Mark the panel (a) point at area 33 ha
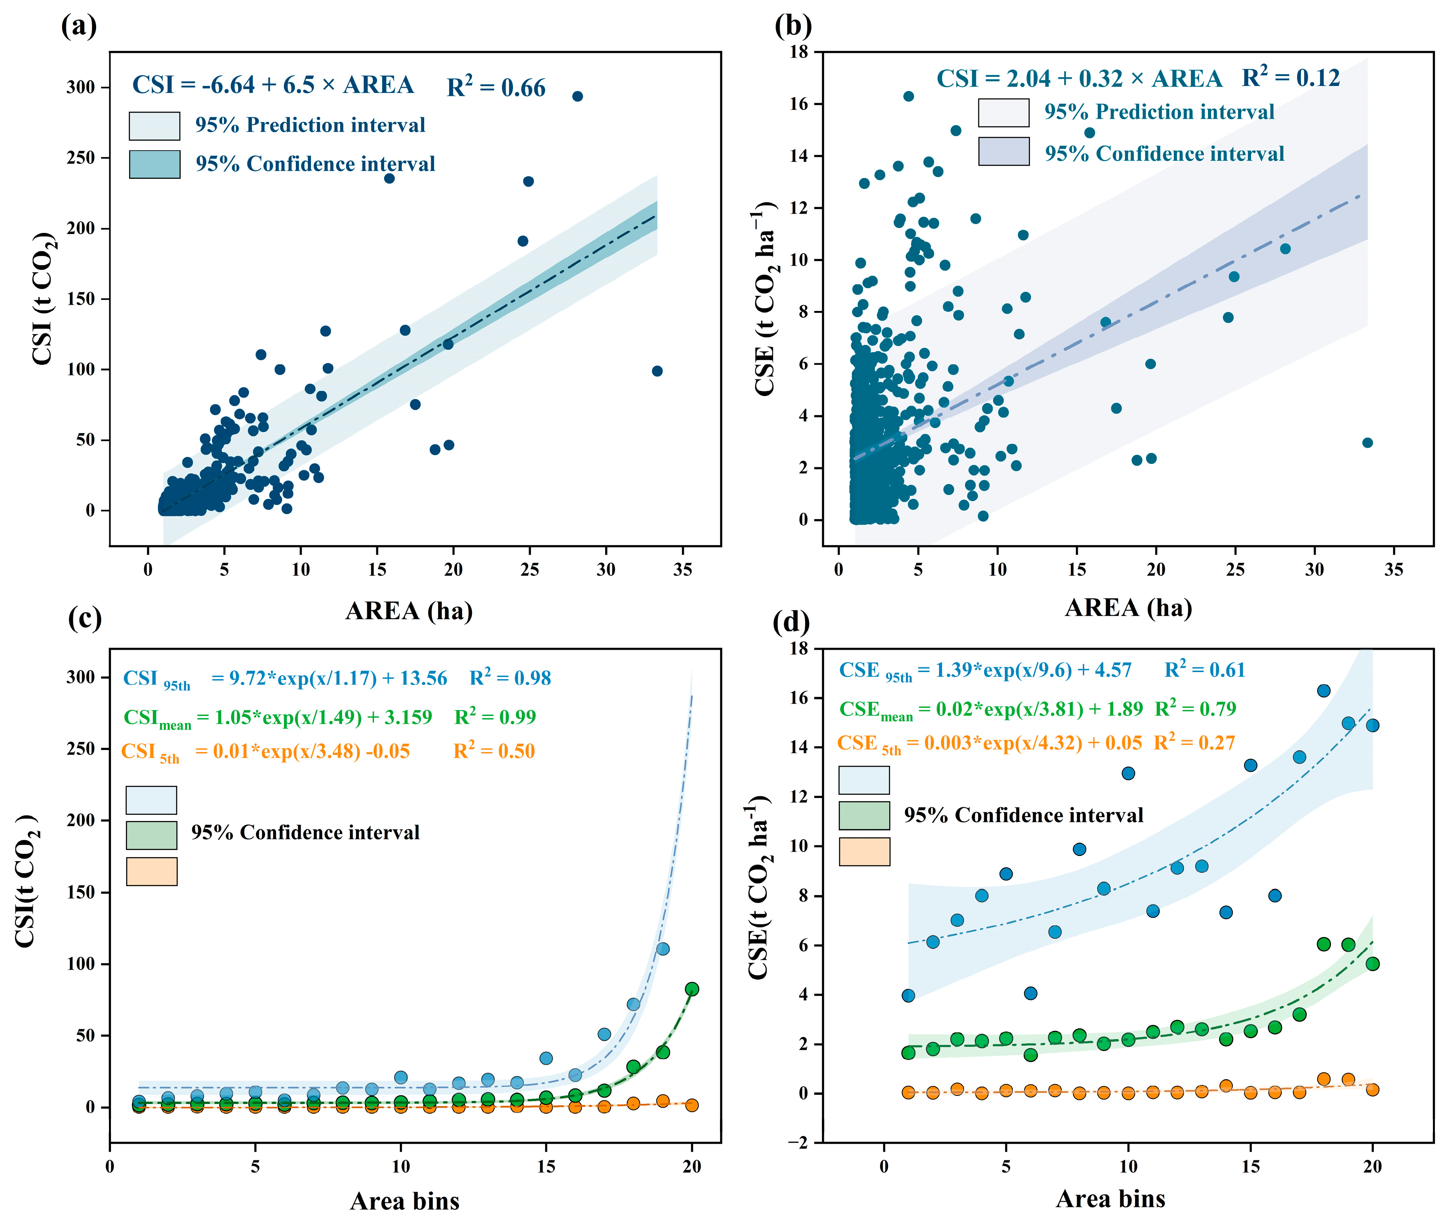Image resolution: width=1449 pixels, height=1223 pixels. [x=657, y=371]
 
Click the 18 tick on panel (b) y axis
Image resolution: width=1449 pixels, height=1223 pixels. [x=799, y=52]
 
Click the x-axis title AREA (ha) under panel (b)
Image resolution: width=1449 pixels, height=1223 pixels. [x=1128, y=608]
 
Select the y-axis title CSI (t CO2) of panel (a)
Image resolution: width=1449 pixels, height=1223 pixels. [x=43, y=298]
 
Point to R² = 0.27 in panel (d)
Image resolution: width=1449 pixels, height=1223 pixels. [x=1194, y=743]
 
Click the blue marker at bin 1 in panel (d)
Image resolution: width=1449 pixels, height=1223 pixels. [x=908, y=996]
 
